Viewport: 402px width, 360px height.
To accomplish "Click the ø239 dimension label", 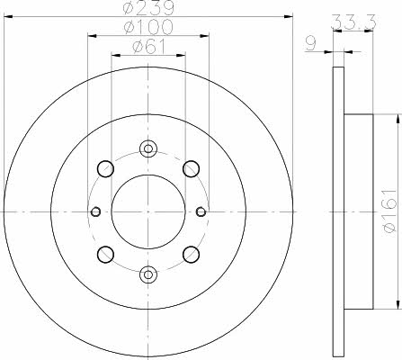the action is [148, 8].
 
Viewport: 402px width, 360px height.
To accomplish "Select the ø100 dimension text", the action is [148, 27].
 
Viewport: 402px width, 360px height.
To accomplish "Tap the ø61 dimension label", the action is [149, 47].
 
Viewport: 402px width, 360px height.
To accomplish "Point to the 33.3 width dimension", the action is [353, 22].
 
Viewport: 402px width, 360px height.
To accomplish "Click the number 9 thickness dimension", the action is [311, 44].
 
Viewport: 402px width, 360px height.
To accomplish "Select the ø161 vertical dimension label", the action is [390, 211].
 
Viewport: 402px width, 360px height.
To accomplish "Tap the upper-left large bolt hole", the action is [105, 169].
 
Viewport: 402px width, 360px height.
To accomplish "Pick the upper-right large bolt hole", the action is [191, 169].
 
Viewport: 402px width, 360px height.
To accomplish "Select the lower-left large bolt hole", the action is [105, 255].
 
